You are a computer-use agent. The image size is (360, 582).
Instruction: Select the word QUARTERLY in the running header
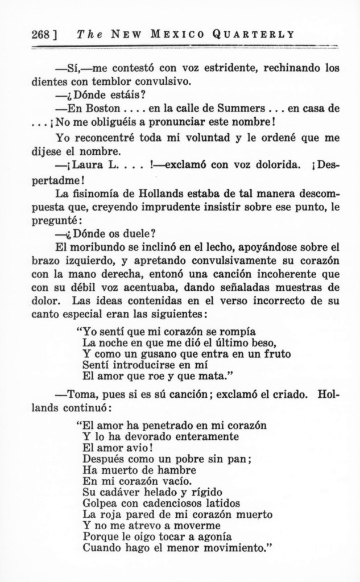pyautogui.click(x=259, y=34)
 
